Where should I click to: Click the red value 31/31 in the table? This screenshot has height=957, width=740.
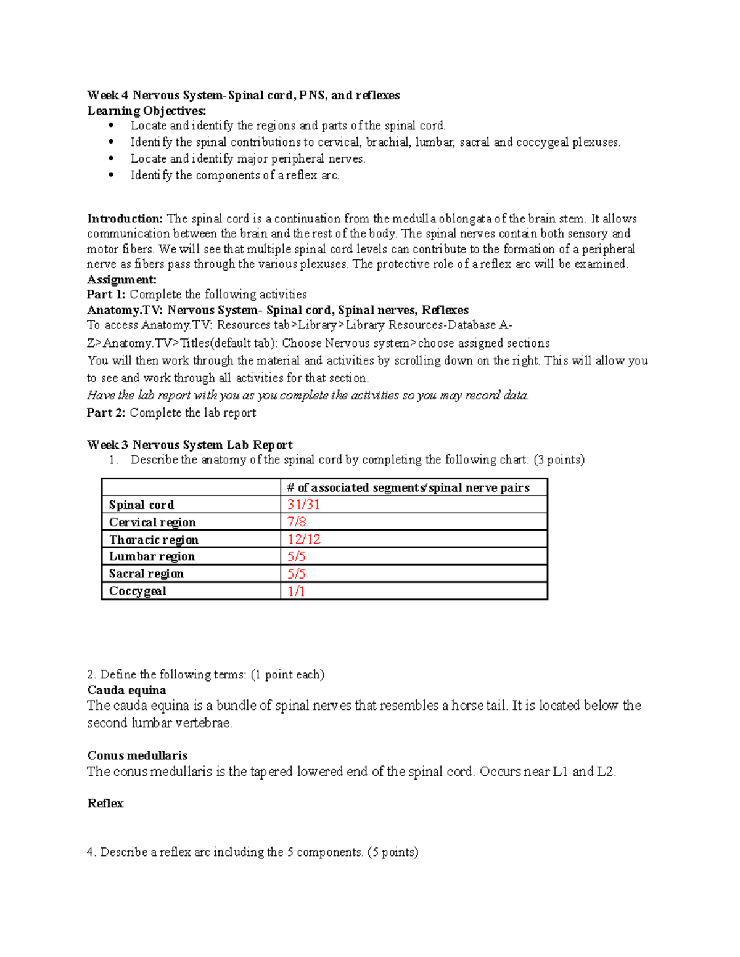click(303, 505)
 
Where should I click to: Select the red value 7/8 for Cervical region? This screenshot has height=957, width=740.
click(297, 522)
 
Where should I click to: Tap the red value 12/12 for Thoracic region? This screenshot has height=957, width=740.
click(304, 539)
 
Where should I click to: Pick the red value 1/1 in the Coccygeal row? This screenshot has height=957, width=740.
click(297, 591)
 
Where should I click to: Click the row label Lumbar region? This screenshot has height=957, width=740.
click(152, 556)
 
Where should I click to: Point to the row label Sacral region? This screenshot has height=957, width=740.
click(146, 574)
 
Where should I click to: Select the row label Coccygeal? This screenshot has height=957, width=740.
click(138, 591)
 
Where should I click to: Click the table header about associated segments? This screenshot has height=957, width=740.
click(408, 487)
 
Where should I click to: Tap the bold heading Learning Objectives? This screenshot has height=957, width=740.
click(147, 111)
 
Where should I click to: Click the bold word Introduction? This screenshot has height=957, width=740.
click(125, 219)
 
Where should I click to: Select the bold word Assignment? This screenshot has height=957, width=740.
click(122, 279)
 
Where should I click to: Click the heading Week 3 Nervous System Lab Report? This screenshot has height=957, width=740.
click(190, 445)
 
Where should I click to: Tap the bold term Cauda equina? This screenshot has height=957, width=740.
click(126, 690)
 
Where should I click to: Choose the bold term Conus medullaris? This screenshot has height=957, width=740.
click(138, 755)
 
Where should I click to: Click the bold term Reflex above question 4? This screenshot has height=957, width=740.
click(105, 804)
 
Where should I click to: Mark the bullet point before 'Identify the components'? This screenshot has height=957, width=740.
click(111, 176)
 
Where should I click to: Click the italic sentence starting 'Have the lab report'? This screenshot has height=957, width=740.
click(308, 396)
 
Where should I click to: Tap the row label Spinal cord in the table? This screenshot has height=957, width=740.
click(141, 505)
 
